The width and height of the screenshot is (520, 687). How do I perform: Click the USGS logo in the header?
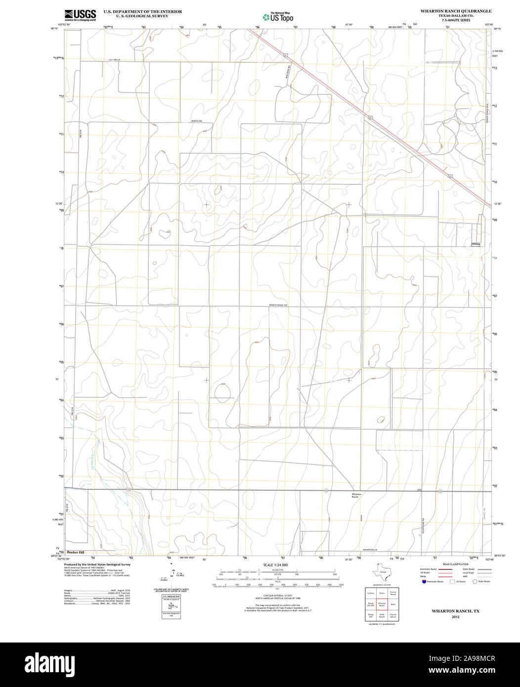coord(80,14)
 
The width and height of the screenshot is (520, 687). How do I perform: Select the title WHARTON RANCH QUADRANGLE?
coord(456,10)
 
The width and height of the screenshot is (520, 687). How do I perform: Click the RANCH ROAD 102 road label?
coord(278,305)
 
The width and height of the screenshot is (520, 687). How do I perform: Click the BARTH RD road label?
coord(198,121)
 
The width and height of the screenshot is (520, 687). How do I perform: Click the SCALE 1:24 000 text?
coord(275,565)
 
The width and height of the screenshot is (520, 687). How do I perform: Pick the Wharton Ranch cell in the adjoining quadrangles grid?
coord(382,604)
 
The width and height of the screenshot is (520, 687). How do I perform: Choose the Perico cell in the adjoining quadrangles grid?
coord(382,592)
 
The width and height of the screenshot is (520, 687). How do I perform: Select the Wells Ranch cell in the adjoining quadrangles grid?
coord(382,616)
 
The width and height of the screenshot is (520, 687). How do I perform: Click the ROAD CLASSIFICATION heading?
coord(455,564)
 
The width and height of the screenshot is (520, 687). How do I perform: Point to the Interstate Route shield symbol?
coord(424,582)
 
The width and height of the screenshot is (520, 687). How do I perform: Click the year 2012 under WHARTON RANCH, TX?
coord(455,617)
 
